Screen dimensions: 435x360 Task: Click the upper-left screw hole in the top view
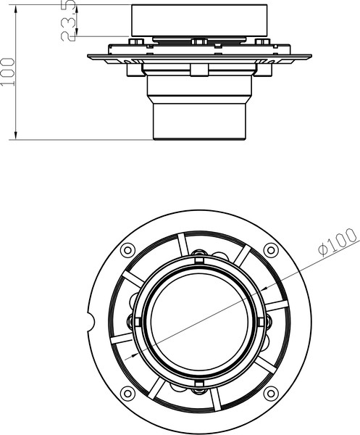pyautogui.click(x=128, y=250)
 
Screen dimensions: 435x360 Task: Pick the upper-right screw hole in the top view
pyautogui.click(x=271, y=250)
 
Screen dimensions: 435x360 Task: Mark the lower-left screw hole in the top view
pyautogui.click(x=128, y=394)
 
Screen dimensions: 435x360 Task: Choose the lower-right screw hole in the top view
pyautogui.click(x=271, y=394)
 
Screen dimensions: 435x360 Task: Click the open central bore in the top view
pyautogui.click(x=198, y=320)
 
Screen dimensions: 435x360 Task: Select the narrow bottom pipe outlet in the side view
pyautogui.click(x=198, y=120)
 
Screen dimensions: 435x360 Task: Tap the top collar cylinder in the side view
pyautogui.click(x=198, y=20)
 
